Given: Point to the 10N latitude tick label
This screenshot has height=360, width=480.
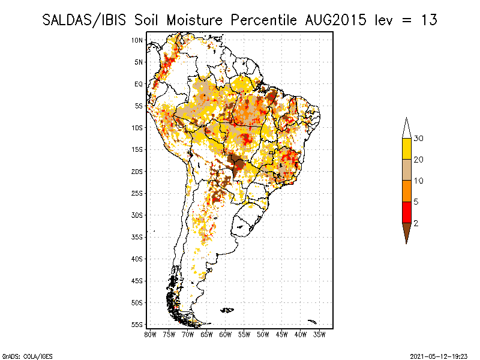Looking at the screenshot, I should coord(137,40).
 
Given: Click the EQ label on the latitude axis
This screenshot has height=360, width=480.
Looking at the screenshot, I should coord(138,84).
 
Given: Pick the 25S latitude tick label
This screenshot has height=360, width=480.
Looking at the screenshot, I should coord(137,193).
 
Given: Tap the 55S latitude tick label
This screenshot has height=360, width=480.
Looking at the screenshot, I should coord(137,325).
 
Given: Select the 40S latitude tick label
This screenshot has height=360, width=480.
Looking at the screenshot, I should coord(137,259).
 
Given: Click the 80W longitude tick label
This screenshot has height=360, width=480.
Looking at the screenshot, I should coord(150,334).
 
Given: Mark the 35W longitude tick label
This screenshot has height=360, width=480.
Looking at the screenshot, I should coord(320,334).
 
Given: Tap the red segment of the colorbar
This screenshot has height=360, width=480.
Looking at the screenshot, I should coord(406,212).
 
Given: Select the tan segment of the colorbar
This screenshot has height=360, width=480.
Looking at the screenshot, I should coord(406,170).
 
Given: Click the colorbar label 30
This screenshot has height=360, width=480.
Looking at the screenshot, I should coord(419,139).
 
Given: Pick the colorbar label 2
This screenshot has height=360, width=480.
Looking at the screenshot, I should coord(416,223).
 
